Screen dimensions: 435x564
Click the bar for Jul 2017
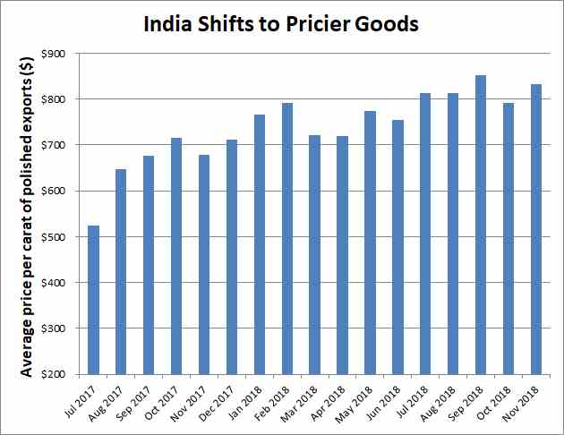coord(94,300)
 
